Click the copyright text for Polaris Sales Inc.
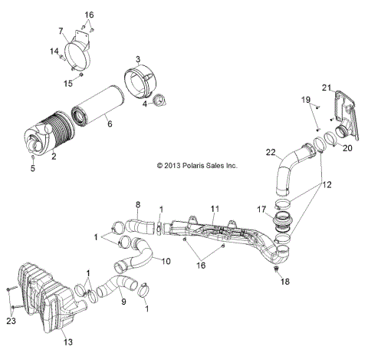(x=197, y=165)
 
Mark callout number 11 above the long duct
(x=215, y=210)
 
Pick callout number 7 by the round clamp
(x=61, y=31)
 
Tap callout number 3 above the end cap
(x=138, y=59)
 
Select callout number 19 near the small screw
(x=306, y=100)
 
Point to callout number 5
(x=33, y=169)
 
